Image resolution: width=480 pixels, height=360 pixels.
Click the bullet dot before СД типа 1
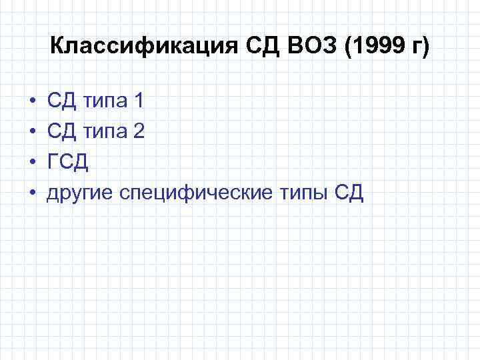click(x=31, y=102)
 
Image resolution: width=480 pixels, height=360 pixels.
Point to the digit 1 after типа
click(x=138, y=102)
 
